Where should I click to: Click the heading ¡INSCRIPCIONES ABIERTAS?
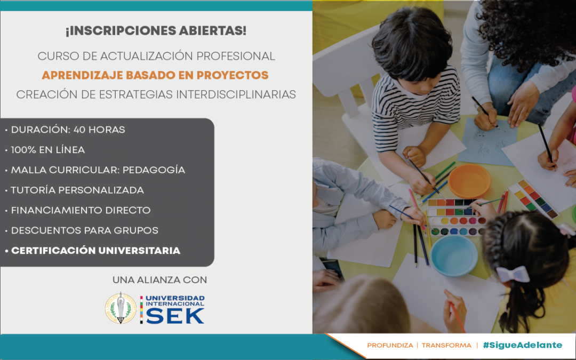coord(156,31)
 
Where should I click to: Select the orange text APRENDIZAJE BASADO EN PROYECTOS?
coord(155,75)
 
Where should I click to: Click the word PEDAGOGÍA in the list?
coord(154,170)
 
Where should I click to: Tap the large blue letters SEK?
coord(175,316)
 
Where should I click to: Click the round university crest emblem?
coord(121,308)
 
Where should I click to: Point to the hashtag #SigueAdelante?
coord(522,345)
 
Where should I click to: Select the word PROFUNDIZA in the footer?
coord(390,345)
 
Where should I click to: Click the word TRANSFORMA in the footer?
coord(446,345)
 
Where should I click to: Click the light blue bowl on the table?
coord(454,255)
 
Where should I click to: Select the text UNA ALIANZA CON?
coord(160,280)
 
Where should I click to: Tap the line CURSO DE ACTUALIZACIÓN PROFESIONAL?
coord(156,56)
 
